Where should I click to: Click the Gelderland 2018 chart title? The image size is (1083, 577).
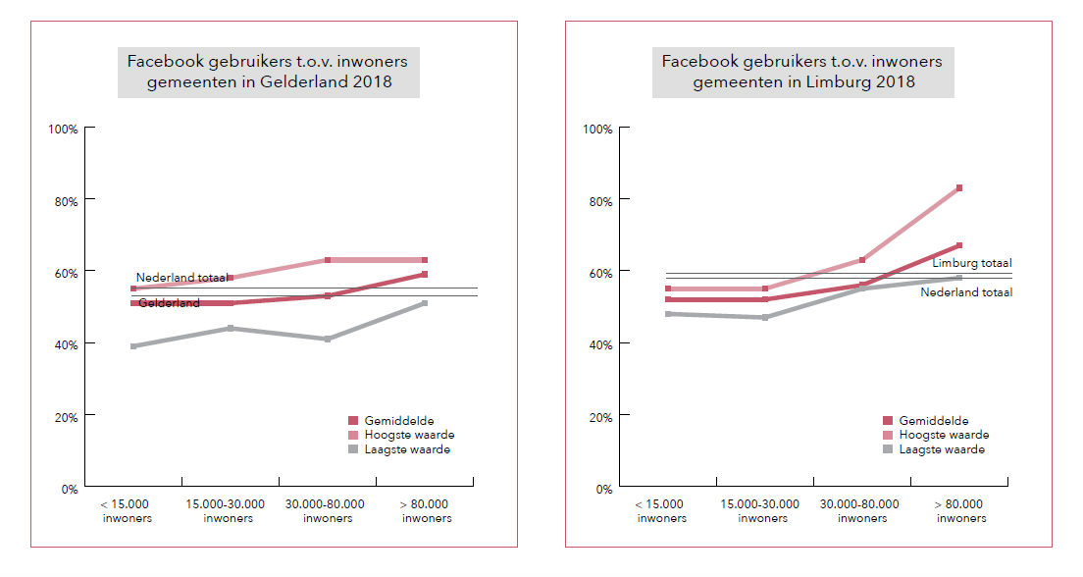coord(268,72)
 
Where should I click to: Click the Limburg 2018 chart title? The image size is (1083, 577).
coord(802,72)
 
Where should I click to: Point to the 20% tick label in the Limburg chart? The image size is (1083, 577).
coord(599,416)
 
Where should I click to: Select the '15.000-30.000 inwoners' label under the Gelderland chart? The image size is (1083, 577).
coord(228,510)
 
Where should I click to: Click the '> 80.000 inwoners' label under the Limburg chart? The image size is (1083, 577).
coord(958,510)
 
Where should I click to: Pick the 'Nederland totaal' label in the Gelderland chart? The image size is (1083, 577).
coord(181,278)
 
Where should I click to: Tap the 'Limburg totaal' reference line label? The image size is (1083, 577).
coord(972,263)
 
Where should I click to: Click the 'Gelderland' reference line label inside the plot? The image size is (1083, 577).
coord(169,303)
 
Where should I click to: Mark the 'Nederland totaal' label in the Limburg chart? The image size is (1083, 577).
coord(966,292)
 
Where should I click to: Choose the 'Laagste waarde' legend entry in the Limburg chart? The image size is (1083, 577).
coord(942,449)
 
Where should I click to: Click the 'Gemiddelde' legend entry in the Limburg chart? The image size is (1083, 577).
coord(934,420)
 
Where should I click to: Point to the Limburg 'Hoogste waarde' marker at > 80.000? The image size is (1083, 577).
coord(959,187)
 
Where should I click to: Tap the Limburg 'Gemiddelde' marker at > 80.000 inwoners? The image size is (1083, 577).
coord(959,245)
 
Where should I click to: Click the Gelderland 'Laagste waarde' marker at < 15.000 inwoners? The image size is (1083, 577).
coord(133,346)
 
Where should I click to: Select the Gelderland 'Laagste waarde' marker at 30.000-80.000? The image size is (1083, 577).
coord(328,339)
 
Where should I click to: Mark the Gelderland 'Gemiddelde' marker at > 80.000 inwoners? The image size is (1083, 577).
coord(424,274)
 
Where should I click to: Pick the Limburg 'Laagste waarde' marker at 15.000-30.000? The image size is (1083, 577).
coord(765,317)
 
